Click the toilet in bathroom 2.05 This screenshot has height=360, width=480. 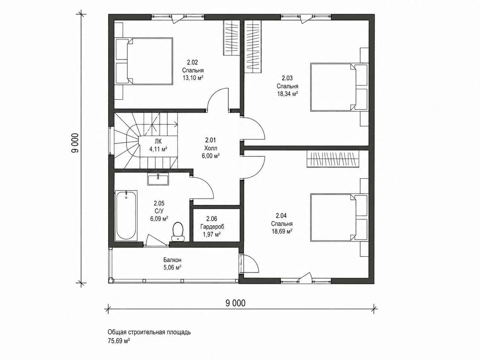click(178, 232)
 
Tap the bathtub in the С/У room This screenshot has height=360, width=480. click(126, 216)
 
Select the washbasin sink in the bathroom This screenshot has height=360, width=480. click(158, 179)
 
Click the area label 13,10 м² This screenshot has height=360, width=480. click(193, 78)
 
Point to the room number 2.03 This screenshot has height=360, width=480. click(287, 78)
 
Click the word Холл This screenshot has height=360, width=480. click(211, 149)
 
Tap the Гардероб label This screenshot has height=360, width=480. click(212, 227)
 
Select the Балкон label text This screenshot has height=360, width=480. click(172, 260)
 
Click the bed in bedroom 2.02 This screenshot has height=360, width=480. click(144, 61)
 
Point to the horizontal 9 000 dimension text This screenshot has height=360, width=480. click(235, 303)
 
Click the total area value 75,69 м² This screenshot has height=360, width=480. click(119, 341)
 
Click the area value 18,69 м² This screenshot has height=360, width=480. click(282, 231)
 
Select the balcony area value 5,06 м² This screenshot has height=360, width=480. click(172, 268)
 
